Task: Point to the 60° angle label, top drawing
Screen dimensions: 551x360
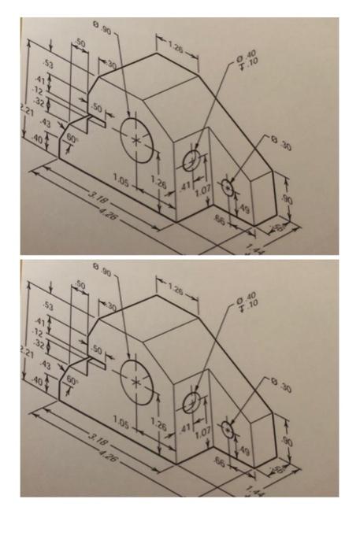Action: coord(73,137)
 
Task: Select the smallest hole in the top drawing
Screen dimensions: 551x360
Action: coord(228,187)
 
